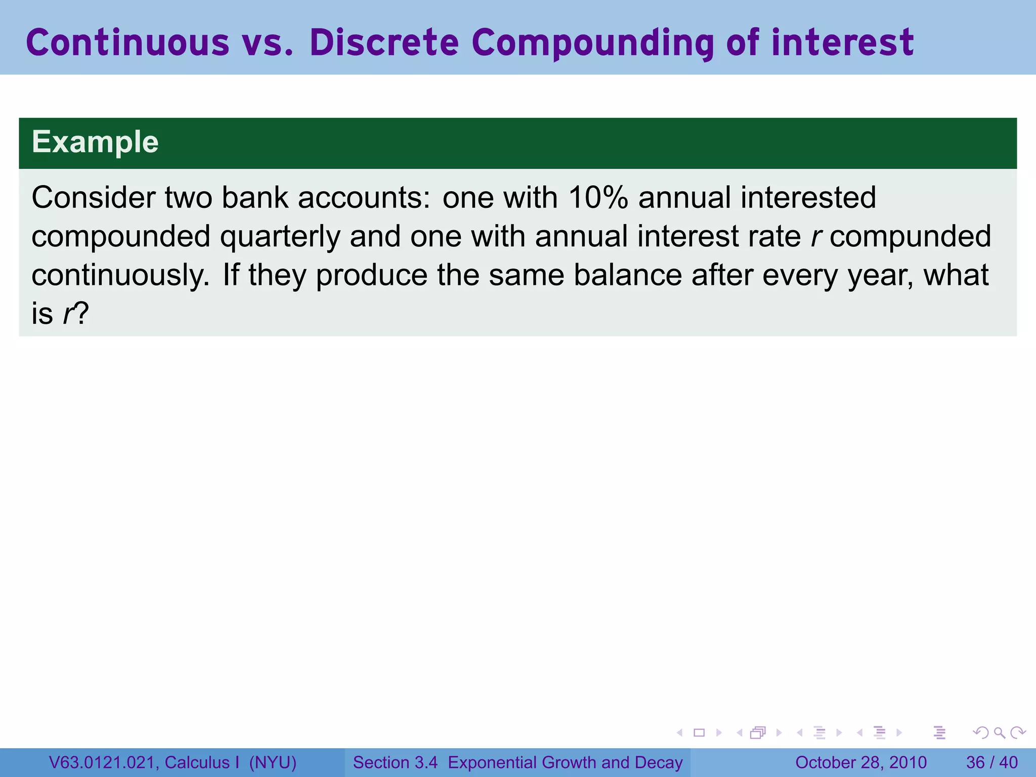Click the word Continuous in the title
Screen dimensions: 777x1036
point(127,42)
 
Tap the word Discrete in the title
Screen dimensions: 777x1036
point(384,42)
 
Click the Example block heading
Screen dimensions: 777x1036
point(95,142)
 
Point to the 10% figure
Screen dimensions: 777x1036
point(598,197)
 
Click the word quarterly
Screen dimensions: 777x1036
point(280,237)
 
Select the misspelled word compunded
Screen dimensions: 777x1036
point(910,237)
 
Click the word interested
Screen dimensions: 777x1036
point(808,197)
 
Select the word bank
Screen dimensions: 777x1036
point(255,197)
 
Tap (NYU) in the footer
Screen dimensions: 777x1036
point(273,762)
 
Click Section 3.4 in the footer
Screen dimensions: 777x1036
point(395,762)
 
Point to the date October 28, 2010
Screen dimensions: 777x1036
point(860,762)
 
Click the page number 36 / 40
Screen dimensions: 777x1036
point(991,762)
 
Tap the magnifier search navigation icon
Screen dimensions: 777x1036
point(999,732)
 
